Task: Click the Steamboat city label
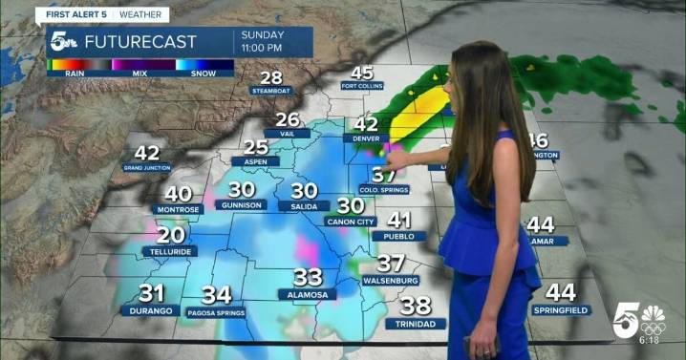tap(271, 91)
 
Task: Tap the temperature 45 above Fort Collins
tap(362, 74)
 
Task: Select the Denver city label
tap(366, 138)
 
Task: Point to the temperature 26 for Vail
tap(287, 120)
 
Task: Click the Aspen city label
tap(255, 161)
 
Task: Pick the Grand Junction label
tap(146, 167)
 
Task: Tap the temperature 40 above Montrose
tap(178, 194)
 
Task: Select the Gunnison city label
tap(240, 204)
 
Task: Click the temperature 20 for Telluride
tap(171, 235)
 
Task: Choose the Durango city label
tap(152, 310)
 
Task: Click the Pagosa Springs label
tap(217, 312)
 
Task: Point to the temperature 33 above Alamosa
tap(308, 278)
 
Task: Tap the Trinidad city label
tap(416, 324)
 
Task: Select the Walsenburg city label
tap(391, 281)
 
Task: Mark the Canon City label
tap(351, 222)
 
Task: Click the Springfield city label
tap(561, 310)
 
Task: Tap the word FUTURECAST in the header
tap(140, 42)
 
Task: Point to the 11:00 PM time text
tap(262, 48)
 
